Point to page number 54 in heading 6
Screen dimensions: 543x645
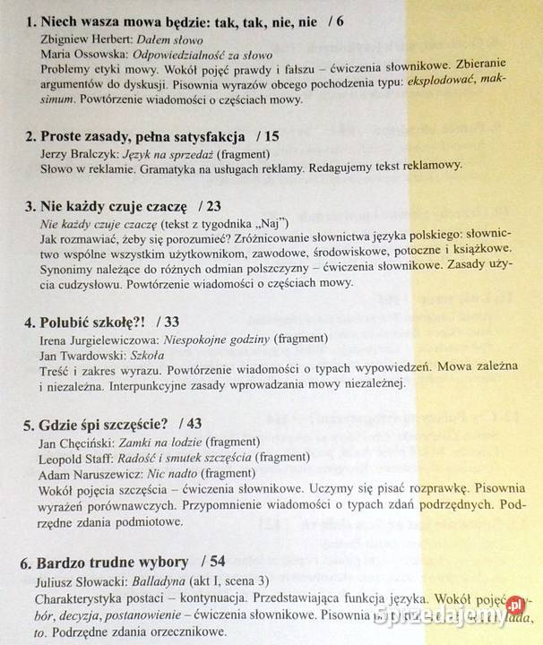coord(215,563)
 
